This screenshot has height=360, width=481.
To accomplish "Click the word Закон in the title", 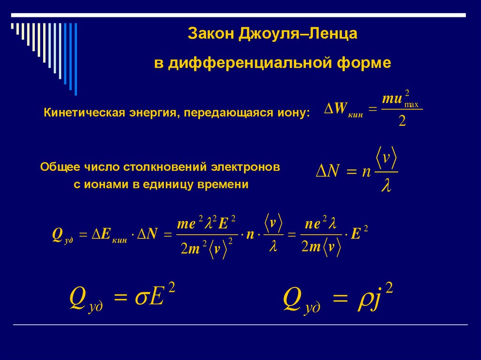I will tap(211, 34).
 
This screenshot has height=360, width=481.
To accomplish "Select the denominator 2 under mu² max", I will tap(402, 122).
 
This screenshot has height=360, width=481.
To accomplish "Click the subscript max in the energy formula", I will tap(412, 105).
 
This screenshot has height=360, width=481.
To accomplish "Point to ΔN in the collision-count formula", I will tap(327, 171).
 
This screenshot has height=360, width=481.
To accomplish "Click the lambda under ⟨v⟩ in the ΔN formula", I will tap(386, 187).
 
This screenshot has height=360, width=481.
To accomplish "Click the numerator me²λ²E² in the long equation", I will tap(206, 223).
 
